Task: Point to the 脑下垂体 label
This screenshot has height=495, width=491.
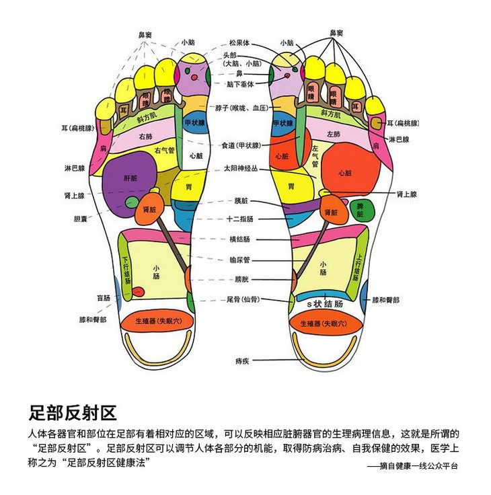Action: point(239,84)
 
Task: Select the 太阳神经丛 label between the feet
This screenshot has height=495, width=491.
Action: point(240,169)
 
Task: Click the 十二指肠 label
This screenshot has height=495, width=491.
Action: point(239,219)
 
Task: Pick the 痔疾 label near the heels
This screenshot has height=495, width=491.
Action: point(242,361)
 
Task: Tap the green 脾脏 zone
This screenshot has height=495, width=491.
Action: point(361,210)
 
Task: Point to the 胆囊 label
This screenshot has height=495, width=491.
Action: point(80,219)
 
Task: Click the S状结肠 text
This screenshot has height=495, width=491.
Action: point(325,304)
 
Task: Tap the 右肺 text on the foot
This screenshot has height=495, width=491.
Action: point(145,137)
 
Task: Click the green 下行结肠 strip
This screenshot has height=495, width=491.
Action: point(126,268)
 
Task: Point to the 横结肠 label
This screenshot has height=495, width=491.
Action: point(239,239)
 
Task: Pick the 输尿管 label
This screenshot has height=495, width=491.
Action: point(239,259)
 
